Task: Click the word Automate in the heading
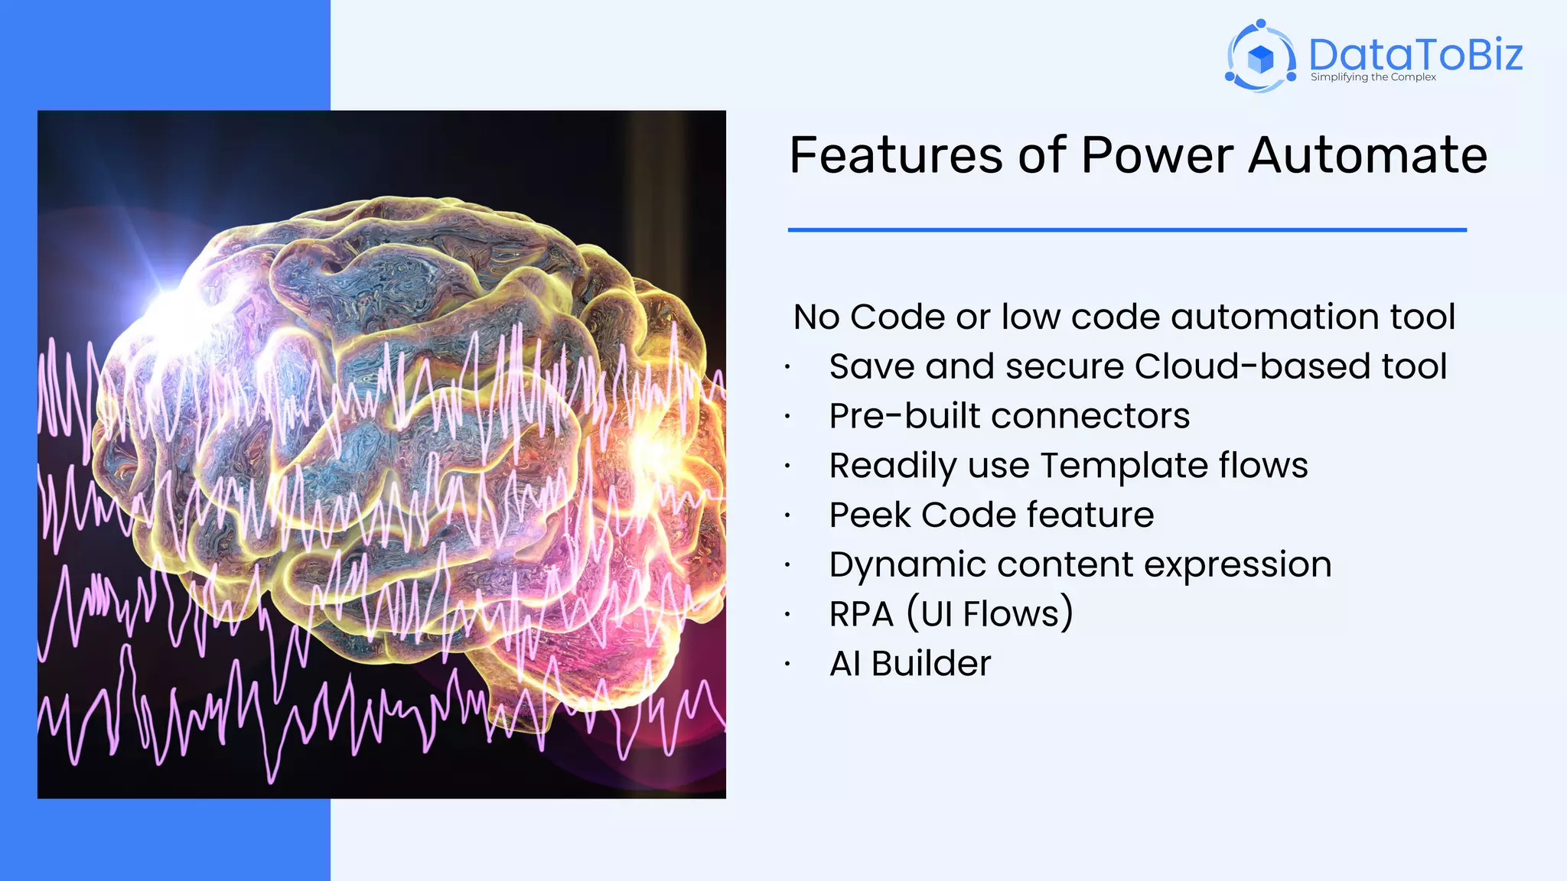click(1367, 155)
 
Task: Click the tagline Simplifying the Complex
click(1373, 77)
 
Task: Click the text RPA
click(862, 614)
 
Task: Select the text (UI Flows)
click(990, 614)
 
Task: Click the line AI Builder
click(911, 663)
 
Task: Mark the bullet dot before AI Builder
click(787, 665)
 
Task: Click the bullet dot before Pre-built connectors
click(787, 418)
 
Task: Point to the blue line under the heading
click(1127, 229)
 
